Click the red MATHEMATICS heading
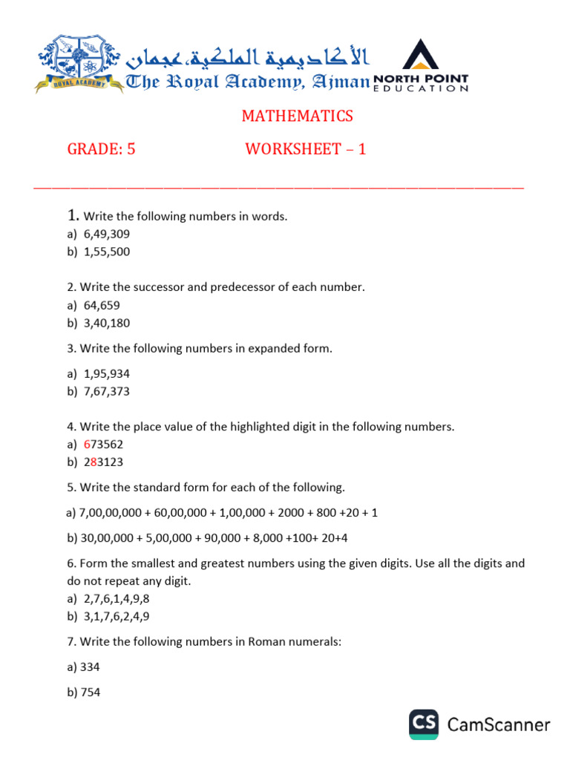297,117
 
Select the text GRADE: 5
102,149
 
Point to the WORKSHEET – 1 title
306,149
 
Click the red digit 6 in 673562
87,445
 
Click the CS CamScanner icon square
425,724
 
